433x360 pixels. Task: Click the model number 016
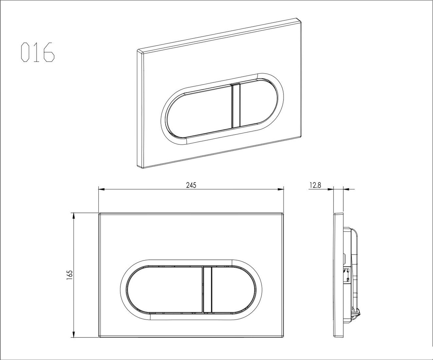point(38,52)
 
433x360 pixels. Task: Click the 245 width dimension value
point(191,185)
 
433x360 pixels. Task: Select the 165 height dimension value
point(69,275)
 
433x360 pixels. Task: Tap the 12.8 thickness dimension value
point(315,185)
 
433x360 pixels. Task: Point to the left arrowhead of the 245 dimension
point(101,189)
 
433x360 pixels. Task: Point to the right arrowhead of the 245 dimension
point(281,189)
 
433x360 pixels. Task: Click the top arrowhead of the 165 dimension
point(73,216)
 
